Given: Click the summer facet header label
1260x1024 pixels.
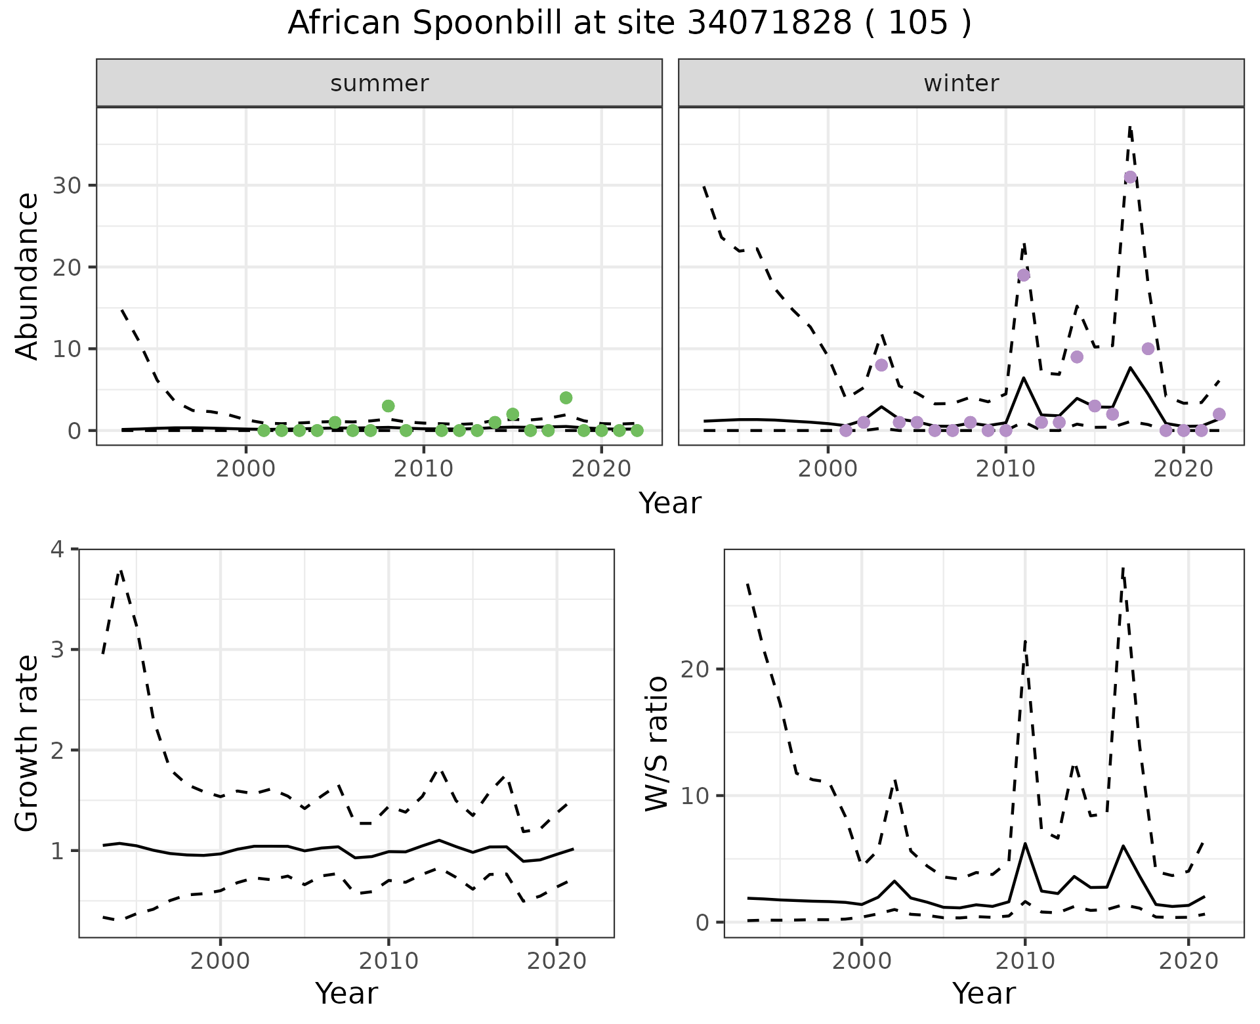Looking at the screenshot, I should click(x=379, y=83).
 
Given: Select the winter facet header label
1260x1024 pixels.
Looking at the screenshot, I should click(x=961, y=83).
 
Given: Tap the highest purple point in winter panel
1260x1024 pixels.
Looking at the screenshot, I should click(x=1130, y=177).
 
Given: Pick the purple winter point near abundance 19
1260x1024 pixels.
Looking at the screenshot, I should click(x=1024, y=275).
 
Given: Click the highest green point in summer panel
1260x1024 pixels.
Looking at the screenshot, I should click(x=566, y=398).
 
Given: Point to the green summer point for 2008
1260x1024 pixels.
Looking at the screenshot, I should click(x=388, y=406).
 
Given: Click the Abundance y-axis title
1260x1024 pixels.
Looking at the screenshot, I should click(x=28, y=276).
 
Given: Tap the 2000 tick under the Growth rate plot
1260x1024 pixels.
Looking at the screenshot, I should click(x=220, y=962).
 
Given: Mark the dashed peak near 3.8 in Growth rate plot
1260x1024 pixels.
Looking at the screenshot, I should click(x=121, y=571).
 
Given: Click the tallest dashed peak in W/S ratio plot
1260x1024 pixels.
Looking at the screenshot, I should click(x=1123, y=568).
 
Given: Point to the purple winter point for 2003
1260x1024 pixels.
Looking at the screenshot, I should click(x=881, y=365).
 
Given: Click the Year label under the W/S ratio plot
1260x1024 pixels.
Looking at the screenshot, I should click(x=984, y=993).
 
